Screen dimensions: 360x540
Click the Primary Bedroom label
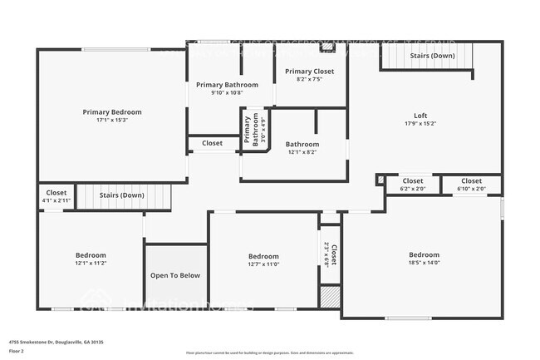pyautogui.click(x=112, y=111)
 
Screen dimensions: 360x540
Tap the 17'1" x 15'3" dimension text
pyautogui.click(x=112, y=121)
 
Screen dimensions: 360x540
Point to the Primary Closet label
pyautogui.click(x=309, y=72)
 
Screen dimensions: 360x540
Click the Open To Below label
pyautogui.click(x=175, y=275)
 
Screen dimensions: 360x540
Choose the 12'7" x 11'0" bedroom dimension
pyautogui.click(x=263, y=265)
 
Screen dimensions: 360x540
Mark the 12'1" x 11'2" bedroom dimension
pyautogui.click(x=91, y=264)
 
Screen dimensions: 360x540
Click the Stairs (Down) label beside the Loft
pyautogui.click(x=432, y=56)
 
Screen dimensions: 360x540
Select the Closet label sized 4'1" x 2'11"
pyautogui.click(x=56, y=193)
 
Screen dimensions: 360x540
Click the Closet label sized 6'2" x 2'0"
pyautogui.click(x=413, y=181)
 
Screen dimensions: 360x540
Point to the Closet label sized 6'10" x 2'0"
pyautogui.click(x=471, y=181)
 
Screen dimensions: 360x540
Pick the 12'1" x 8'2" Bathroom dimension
pyautogui.click(x=302, y=153)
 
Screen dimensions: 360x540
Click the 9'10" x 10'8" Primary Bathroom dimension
pyautogui.click(x=226, y=93)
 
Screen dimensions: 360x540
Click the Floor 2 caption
pyautogui.click(x=17, y=351)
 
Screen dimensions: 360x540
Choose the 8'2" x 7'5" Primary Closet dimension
pyautogui.click(x=309, y=81)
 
